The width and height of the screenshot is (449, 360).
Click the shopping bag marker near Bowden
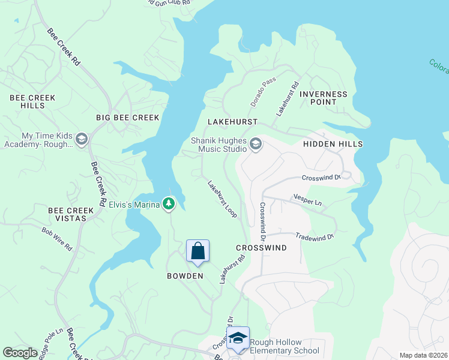pyautogui.click(x=197, y=251)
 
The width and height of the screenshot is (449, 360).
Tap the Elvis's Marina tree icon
pyautogui.click(x=169, y=205)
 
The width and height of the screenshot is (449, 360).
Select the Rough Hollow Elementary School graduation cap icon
pyautogui.click(x=238, y=338)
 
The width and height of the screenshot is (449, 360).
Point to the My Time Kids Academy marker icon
pyautogui.click(x=82, y=140)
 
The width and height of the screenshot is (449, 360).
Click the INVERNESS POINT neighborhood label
pyautogui.click(x=323, y=98)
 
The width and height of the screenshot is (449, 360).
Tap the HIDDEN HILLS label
pyautogui.click(x=333, y=145)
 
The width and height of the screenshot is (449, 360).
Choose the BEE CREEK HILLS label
pyautogui.click(x=32, y=101)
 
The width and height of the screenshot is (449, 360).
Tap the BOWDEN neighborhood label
pyautogui.click(x=185, y=276)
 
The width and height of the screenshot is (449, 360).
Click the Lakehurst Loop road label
pyautogui.click(x=222, y=199)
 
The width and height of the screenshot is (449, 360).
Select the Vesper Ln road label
pyautogui.click(x=307, y=200)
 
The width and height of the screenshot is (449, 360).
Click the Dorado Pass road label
pyautogui.click(x=263, y=96)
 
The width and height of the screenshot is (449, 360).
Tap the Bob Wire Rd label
pyautogui.click(x=57, y=238)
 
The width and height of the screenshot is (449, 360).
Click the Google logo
pyautogui.click(x=20, y=353)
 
